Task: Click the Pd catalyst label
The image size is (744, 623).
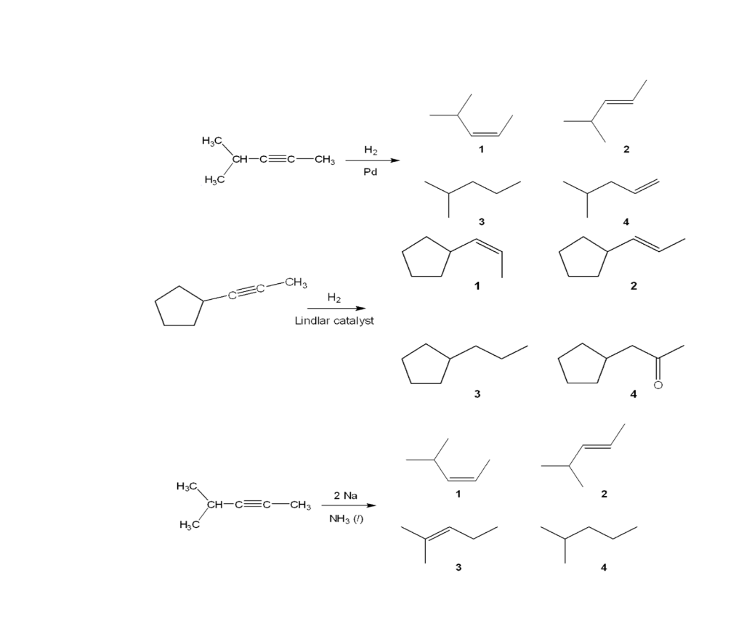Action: tap(370, 173)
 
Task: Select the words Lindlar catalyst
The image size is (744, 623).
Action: tap(334, 321)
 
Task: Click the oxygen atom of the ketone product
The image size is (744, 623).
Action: tap(658, 385)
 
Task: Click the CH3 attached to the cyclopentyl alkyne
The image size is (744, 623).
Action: tap(296, 282)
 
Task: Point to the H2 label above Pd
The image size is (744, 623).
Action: tap(370, 150)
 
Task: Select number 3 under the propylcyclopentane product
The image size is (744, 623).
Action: tap(477, 394)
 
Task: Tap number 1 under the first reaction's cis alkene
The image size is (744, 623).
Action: tap(481, 150)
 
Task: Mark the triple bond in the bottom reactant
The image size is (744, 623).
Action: tap(254, 505)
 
